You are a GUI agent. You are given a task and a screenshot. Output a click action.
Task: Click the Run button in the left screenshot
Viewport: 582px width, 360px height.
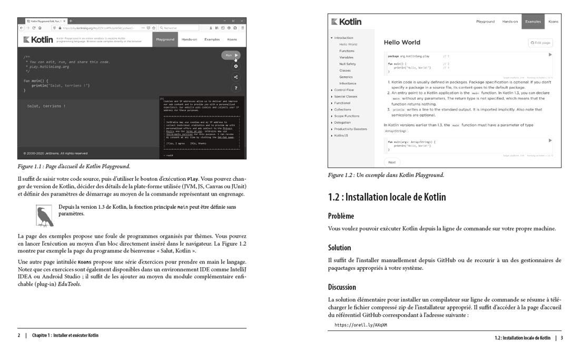tap(231, 55)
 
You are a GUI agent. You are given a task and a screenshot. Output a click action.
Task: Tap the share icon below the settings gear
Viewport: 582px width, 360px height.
tap(235, 77)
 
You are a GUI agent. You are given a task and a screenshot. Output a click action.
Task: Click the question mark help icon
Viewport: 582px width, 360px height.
tap(235, 88)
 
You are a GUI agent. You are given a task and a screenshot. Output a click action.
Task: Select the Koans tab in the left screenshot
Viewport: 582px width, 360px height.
tap(232, 40)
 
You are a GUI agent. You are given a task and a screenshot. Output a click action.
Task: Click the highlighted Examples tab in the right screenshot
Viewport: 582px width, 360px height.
tap(533, 22)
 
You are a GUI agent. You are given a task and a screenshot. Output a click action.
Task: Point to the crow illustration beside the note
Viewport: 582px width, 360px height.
tap(44, 216)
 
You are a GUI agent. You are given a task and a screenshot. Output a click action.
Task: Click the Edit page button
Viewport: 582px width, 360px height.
tap(540, 42)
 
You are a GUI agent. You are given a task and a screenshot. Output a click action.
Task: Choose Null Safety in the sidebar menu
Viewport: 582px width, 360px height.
tap(347, 64)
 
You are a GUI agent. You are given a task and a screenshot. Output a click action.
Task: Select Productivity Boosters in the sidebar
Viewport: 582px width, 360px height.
tap(350, 129)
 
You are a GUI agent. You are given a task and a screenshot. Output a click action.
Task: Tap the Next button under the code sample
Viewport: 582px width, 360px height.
tap(392, 162)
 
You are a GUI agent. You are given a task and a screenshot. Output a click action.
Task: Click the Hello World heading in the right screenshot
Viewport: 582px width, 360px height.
tap(402, 42)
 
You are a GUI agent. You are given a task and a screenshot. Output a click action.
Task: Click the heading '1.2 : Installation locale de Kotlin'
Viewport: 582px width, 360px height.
tap(387, 197)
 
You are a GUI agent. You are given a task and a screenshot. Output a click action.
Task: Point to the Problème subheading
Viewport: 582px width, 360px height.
tap(341, 216)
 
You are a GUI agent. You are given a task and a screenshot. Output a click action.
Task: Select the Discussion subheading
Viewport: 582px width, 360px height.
tap(342, 287)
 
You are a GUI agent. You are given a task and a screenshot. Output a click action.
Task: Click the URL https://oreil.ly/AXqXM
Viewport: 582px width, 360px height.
tap(360, 325)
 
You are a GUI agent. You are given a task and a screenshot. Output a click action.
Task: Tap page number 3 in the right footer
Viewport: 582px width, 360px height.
tap(561, 338)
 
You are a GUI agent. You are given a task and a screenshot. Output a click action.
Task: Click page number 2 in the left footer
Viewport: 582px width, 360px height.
tap(19, 335)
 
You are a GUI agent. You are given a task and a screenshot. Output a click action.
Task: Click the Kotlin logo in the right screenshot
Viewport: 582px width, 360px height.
tap(346, 22)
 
